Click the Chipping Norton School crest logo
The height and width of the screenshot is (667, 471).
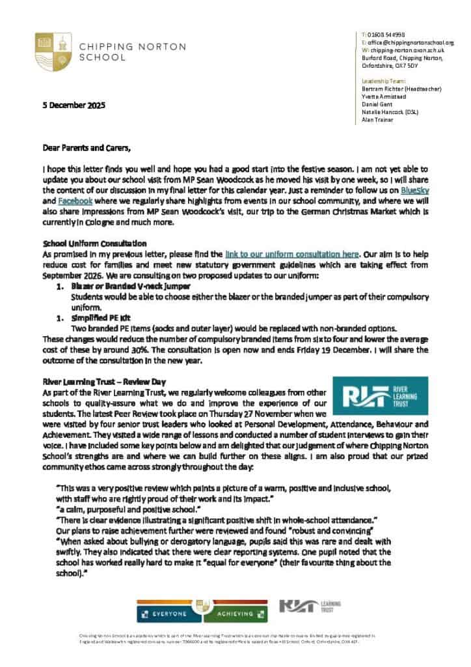click(53, 51)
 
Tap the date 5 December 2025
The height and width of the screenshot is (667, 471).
click(74, 106)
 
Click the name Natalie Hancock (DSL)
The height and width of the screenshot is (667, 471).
click(390, 112)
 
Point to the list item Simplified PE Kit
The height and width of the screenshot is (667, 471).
click(98, 318)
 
